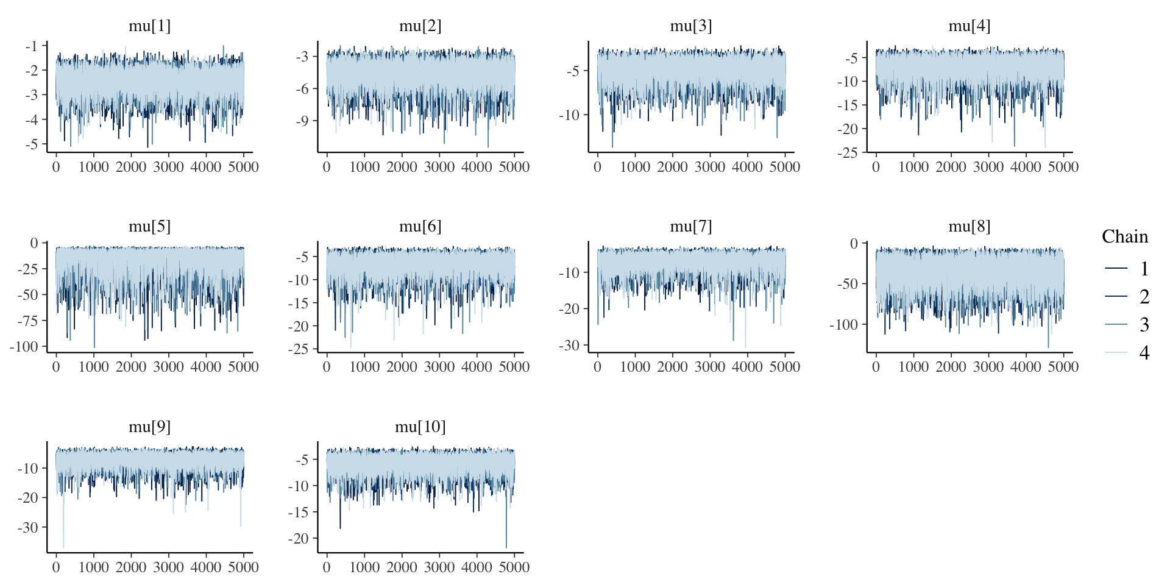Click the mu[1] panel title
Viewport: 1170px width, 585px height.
coord(149,26)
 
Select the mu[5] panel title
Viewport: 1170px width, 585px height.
coord(149,227)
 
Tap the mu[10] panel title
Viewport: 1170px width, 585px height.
coord(420,427)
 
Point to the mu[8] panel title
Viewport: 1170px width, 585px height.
coord(969,227)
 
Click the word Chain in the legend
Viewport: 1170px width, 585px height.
coord(1124,236)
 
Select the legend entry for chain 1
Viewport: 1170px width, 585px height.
coord(1127,269)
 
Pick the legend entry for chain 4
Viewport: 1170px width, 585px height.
coord(1127,353)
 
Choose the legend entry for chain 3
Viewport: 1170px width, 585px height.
coord(1127,325)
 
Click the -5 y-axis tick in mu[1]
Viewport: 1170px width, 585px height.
coord(32,144)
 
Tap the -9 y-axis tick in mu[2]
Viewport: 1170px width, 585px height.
coord(302,121)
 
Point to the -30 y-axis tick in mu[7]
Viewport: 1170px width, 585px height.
coord(569,346)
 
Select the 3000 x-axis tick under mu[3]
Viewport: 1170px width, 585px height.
coord(709,167)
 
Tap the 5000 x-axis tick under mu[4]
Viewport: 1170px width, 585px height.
coord(1063,167)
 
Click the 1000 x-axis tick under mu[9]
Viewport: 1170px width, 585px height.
coord(93,567)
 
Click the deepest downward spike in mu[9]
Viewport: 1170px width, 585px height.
coord(63,547)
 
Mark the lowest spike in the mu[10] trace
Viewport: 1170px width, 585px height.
coord(506,547)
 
